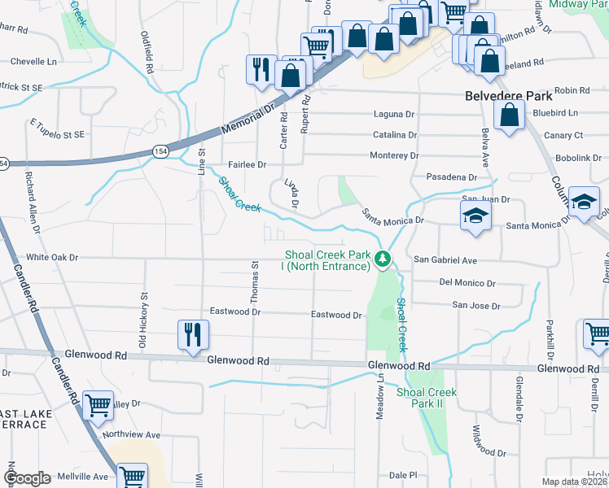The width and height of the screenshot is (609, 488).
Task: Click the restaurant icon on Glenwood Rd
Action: [194, 335]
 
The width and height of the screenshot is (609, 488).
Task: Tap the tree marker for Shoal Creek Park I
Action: [382, 260]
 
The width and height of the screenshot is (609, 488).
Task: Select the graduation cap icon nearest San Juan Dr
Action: [475, 217]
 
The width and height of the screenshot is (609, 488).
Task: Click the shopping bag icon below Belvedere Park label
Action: [509, 116]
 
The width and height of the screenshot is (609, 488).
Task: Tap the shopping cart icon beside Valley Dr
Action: [99, 404]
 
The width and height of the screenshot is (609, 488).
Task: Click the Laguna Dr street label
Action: [394, 115]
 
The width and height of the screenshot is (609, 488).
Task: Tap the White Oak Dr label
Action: [52, 257]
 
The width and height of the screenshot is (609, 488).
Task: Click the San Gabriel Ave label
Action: [445, 259]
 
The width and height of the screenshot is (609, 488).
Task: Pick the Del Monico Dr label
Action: [467, 283]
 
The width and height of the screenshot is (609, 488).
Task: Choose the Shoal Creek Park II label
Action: [426, 398]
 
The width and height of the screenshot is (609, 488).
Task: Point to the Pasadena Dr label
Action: [451, 177]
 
